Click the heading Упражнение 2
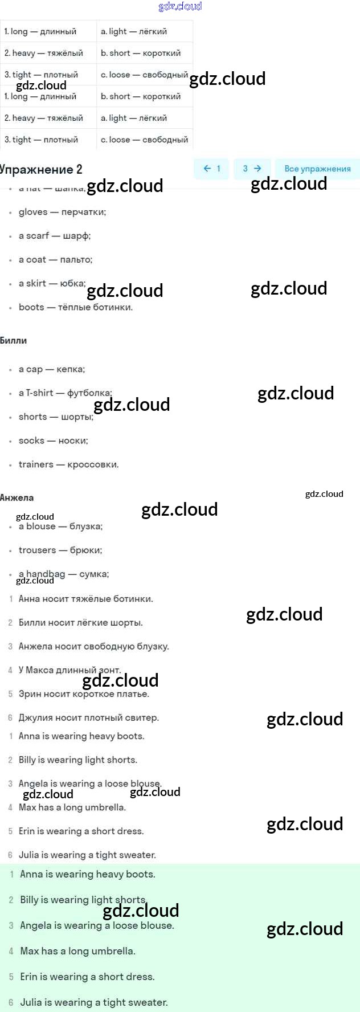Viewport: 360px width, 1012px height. point(42,169)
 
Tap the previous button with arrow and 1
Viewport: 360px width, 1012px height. point(211,169)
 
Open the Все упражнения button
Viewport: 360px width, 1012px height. point(317,169)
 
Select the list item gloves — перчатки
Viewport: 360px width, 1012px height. point(62,212)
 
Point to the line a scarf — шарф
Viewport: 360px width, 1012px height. point(55,236)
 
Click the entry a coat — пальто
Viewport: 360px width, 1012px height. point(55,260)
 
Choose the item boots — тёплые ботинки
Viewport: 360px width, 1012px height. point(75,307)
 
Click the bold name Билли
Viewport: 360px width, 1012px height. point(14,341)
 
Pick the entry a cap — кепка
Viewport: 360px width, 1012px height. point(52,369)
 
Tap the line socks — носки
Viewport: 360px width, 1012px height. point(53,440)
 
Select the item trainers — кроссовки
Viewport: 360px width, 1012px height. point(68,464)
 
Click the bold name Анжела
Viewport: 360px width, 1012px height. point(17,498)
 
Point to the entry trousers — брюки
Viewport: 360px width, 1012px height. point(60,550)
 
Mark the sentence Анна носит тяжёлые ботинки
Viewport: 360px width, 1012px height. point(85,599)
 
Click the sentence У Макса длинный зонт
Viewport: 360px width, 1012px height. point(69,670)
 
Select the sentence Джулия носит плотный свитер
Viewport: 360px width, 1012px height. point(88,718)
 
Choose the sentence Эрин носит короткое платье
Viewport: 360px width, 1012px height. point(84,694)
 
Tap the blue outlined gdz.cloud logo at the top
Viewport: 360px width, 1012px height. point(180,6)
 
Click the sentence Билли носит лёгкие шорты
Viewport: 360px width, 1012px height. point(80,623)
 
